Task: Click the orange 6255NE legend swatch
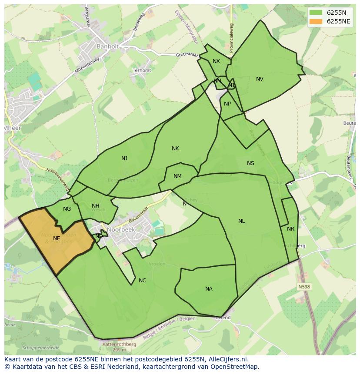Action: click(x=316, y=21)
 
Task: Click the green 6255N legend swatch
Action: click(x=316, y=13)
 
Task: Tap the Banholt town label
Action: click(x=107, y=46)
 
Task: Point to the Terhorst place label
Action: click(x=142, y=70)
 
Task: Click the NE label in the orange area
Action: click(x=57, y=238)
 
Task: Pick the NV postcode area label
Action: click(x=260, y=79)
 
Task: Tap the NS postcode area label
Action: click(x=250, y=163)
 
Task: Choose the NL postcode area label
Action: click(x=241, y=221)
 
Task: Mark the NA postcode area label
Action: click(x=209, y=289)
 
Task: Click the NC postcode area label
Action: click(x=142, y=281)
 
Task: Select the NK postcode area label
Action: click(x=175, y=149)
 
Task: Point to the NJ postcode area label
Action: click(x=124, y=159)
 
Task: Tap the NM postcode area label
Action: click(x=177, y=176)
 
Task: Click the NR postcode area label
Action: click(x=290, y=229)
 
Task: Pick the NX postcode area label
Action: click(x=216, y=61)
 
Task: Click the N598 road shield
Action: click(x=304, y=287)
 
